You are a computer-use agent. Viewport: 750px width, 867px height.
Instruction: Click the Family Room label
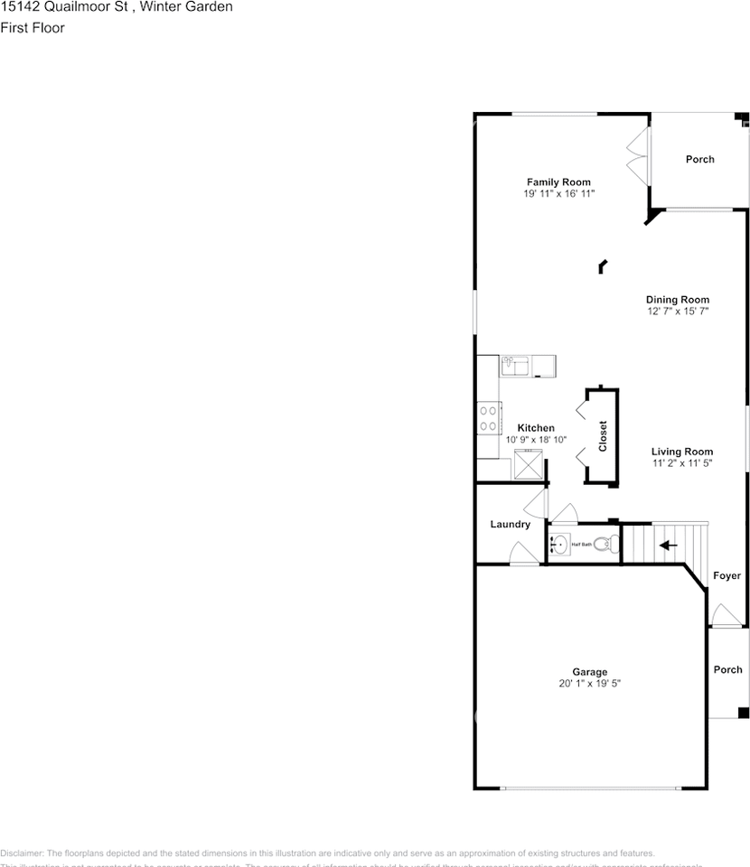pyautogui.click(x=558, y=182)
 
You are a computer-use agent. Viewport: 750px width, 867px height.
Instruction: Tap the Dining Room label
pyautogui.click(x=677, y=300)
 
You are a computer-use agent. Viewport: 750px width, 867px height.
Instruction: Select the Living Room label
pyautogui.click(x=682, y=452)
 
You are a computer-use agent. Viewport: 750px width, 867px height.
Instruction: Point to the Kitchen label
pyautogui.click(x=536, y=428)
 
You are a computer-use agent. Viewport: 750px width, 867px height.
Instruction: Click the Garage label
pyautogui.click(x=589, y=672)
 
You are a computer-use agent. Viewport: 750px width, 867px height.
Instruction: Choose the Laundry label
pyautogui.click(x=510, y=525)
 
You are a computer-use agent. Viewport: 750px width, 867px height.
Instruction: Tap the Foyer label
pyautogui.click(x=727, y=576)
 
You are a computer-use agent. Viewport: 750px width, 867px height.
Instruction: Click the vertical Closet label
pyautogui.click(x=603, y=436)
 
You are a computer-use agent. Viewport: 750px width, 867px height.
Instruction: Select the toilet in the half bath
pyautogui.click(x=611, y=544)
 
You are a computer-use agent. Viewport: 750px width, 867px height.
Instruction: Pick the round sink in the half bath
pyautogui.click(x=559, y=545)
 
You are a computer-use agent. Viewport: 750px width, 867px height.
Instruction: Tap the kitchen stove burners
pyautogui.click(x=488, y=418)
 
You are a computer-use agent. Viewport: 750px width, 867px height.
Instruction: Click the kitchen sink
pyautogui.click(x=515, y=366)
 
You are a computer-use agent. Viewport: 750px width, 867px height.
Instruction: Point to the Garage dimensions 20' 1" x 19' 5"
pyautogui.click(x=589, y=685)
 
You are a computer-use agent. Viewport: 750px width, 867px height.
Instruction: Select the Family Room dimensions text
pyautogui.click(x=558, y=194)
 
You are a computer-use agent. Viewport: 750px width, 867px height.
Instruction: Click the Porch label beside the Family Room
pyautogui.click(x=699, y=160)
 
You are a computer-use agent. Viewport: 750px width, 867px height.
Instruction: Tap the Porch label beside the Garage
pyautogui.click(x=727, y=670)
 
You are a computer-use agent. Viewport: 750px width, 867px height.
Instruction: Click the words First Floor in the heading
pyautogui.click(x=33, y=28)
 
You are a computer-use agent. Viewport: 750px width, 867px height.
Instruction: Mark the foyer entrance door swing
pyautogui.click(x=724, y=616)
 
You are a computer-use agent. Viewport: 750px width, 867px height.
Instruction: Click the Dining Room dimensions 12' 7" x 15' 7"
pyautogui.click(x=677, y=312)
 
